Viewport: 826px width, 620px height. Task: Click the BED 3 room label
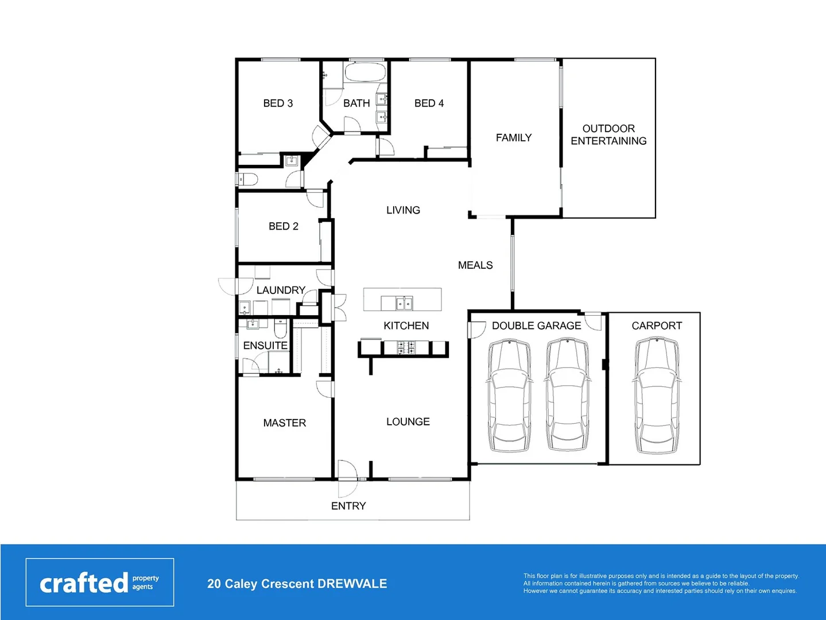coord(278,103)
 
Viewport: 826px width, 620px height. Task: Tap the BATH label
coord(356,103)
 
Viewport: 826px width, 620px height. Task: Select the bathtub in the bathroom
coord(365,73)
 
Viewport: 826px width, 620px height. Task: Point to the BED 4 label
coord(429,103)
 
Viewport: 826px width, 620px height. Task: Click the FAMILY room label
coord(514,138)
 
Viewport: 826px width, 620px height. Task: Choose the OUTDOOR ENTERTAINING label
coord(608,135)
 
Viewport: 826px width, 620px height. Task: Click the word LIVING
coord(403,210)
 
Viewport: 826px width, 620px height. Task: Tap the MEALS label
coord(475,265)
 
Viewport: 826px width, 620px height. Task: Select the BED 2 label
coord(284,226)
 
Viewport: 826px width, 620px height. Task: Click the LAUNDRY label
coord(281,290)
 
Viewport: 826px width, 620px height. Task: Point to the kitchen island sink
coord(404,303)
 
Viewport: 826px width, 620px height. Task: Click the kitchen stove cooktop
coord(407,347)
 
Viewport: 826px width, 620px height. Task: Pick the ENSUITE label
coord(265,346)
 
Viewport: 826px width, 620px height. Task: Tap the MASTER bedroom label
coord(285,423)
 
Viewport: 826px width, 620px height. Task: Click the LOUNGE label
coord(408,422)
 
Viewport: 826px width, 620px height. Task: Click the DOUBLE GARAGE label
coord(536,326)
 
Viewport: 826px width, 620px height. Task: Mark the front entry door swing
coord(347,479)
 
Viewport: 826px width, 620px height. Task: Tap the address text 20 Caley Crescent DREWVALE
coord(297,584)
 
